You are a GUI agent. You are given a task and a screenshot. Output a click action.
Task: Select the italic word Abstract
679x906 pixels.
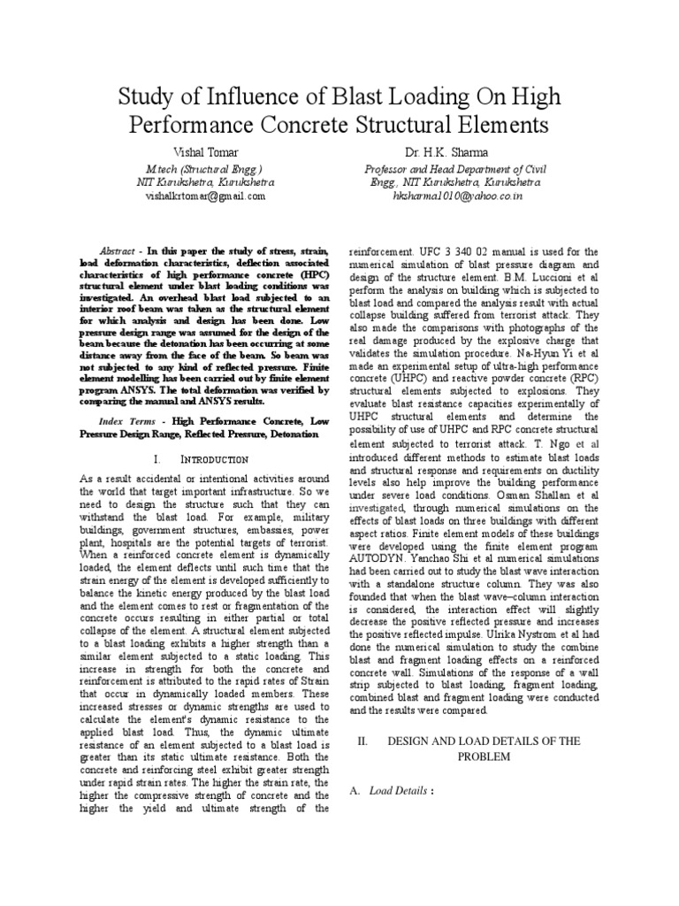coord(118,251)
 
